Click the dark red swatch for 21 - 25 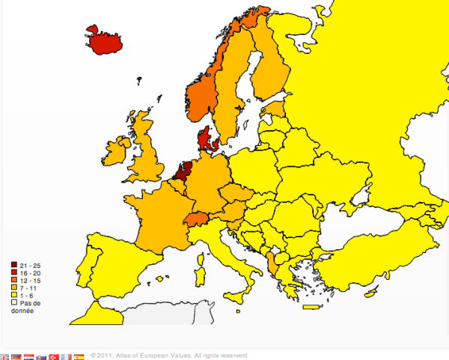(x=14, y=266)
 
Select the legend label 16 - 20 (x=31, y=273)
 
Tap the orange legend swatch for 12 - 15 (x=14, y=281)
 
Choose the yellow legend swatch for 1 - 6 (x=14, y=295)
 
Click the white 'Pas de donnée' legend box (x=14, y=302)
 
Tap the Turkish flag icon (x=53, y=357)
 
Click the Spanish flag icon (x=79, y=357)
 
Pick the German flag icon (x=16, y=357)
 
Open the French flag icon (x=66, y=357)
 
